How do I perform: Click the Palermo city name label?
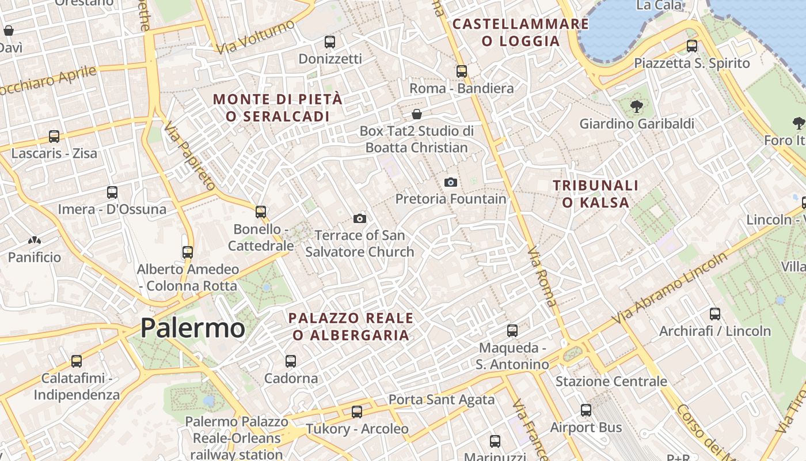(x=193, y=328)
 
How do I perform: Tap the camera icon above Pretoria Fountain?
(x=451, y=183)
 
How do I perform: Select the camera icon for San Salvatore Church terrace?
(x=360, y=218)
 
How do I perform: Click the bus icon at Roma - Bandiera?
(x=462, y=71)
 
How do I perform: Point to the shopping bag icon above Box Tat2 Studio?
(x=417, y=114)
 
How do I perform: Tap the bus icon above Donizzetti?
(x=330, y=42)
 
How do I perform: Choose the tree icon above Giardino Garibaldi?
(x=636, y=107)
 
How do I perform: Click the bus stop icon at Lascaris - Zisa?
(x=54, y=137)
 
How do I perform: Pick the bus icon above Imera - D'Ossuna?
(x=112, y=192)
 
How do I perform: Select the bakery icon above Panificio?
(x=35, y=240)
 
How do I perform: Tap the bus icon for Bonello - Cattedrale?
(x=261, y=212)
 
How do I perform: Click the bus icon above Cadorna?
(x=291, y=361)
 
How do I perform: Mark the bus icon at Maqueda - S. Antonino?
(x=512, y=331)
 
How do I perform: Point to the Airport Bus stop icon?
(x=586, y=410)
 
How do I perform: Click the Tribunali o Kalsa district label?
(x=596, y=194)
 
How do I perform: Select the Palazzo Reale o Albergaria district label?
(x=351, y=326)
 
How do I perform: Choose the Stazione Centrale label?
(x=611, y=381)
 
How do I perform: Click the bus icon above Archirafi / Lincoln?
(x=715, y=314)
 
